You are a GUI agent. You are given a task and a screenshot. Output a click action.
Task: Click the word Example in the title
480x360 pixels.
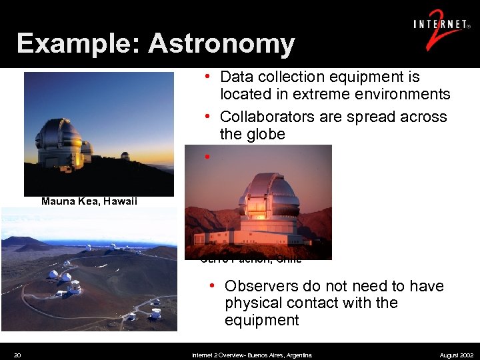(79, 44)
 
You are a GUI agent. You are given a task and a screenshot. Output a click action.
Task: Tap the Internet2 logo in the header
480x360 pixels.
(440, 30)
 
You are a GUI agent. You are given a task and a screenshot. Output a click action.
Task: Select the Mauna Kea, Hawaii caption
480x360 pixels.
(89, 201)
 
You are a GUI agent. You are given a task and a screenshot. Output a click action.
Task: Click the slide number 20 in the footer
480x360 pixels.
(17, 355)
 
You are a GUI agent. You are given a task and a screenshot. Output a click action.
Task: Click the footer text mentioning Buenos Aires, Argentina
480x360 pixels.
(252, 355)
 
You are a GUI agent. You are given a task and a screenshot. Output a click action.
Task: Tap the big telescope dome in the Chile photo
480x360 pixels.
(268, 196)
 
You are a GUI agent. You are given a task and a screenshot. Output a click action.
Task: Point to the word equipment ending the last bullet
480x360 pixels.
(262, 320)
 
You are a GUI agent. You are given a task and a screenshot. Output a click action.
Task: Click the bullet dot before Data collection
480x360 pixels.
(209, 77)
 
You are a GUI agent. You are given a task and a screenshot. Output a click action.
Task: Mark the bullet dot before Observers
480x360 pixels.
(211, 285)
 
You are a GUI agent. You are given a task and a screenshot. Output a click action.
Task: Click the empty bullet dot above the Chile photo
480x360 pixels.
(209, 157)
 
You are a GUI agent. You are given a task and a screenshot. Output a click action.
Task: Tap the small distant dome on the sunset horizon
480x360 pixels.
(125, 155)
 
